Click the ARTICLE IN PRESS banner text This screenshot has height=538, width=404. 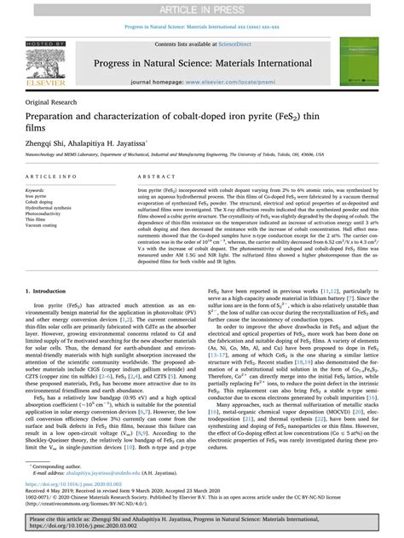[x=202, y=8]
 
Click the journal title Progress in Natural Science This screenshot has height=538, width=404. [x=202, y=62]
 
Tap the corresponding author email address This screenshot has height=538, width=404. [x=103, y=474]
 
